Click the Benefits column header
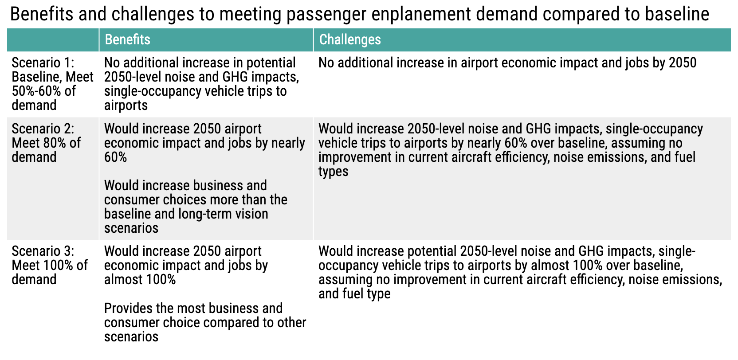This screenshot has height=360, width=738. coord(128,39)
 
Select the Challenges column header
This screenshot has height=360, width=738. coord(350,39)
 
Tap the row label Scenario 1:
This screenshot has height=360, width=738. coord(43,63)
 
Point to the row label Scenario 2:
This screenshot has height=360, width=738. coord(43,129)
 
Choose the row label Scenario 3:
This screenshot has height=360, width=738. coord(43,251)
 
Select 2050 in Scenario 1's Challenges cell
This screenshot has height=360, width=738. coord(683,63)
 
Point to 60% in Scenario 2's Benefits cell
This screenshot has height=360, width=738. coord(115,157)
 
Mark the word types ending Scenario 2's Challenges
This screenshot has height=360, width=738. coord(333,172)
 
